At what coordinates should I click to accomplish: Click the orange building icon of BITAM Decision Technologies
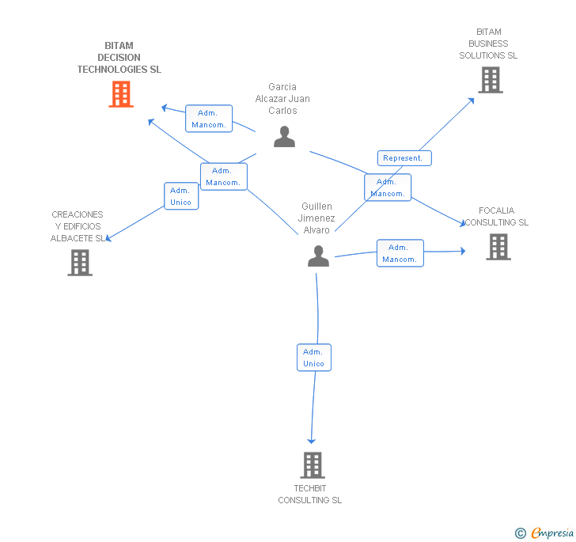[120, 94]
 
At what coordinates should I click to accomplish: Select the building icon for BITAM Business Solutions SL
[490, 80]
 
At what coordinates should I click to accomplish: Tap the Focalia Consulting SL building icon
[498, 247]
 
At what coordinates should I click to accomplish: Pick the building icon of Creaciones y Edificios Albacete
[80, 263]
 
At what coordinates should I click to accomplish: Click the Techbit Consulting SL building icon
[313, 465]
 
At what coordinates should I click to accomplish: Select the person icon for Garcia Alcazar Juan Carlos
[284, 137]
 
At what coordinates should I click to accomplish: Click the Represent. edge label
[404, 158]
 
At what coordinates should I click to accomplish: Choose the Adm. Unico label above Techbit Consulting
[313, 358]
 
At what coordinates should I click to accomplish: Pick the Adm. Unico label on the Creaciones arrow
[180, 196]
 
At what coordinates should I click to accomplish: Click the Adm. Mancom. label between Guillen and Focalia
[400, 253]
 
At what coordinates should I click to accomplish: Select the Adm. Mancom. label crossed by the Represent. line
[388, 188]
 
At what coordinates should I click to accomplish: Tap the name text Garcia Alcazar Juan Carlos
[282, 99]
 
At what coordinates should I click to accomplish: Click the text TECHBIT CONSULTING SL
[309, 494]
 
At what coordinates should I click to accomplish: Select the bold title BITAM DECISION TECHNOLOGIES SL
[119, 58]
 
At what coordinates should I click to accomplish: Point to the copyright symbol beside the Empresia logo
[521, 533]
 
